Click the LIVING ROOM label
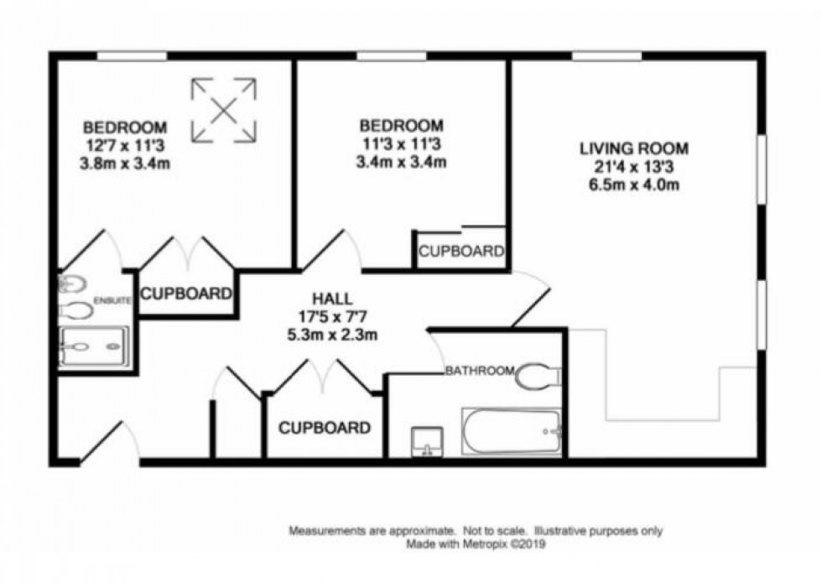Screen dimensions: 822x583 tap(634, 148)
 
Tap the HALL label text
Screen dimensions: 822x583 tap(332, 299)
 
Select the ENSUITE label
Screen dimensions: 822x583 tap(112, 300)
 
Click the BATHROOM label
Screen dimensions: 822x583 tap(480, 371)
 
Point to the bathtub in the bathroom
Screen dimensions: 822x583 tap(511, 431)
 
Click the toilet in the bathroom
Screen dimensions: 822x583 tap(538, 376)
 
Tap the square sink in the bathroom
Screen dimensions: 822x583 tap(427, 441)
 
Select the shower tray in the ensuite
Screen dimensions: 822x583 tap(93, 346)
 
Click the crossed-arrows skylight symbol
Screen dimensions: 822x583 tap(224, 110)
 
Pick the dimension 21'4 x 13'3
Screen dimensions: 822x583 tap(633, 167)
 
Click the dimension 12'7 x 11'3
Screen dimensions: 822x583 tap(125, 145)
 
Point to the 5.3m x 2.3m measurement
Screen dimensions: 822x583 tap(332, 335)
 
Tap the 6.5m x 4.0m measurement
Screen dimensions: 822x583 tap(634, 185)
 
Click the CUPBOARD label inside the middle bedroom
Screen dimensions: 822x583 tap(461, 251)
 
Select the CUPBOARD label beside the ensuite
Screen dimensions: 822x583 tap(186, 294)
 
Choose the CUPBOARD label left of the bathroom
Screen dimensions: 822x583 tap(325, 428)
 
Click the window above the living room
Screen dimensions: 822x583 tap(606, 56)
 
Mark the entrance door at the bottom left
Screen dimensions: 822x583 tap(109, 443)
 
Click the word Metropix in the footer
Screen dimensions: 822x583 tap(485, 544)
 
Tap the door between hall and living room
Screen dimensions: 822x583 tap(530, 299)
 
